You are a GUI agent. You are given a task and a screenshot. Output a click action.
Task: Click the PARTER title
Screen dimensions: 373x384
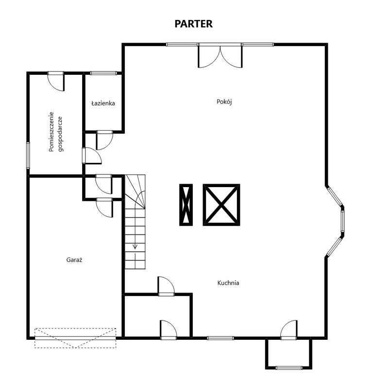193,24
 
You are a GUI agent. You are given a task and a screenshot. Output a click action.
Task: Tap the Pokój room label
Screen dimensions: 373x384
224,102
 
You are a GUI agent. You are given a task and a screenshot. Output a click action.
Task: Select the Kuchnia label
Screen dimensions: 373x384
228,283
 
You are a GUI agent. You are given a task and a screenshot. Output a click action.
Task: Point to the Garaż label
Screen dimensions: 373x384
74,260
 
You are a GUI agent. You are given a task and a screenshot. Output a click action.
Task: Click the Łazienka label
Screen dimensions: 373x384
103,103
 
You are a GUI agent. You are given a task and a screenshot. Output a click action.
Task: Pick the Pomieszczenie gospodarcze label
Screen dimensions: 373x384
56,132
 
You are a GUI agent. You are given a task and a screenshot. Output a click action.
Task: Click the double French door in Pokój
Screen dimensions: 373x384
220,56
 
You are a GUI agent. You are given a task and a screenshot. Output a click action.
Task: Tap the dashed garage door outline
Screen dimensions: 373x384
75,338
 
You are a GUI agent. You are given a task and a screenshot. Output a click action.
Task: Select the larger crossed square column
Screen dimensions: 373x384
221,205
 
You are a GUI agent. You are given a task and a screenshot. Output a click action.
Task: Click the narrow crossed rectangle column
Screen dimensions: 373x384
186,205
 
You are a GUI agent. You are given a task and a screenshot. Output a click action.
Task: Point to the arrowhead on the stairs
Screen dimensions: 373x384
135,246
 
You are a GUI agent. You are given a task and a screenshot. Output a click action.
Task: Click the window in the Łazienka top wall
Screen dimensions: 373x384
103,73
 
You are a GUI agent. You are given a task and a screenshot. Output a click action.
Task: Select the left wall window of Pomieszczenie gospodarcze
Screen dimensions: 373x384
28,155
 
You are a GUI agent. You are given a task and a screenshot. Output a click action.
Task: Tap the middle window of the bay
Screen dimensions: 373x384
343,221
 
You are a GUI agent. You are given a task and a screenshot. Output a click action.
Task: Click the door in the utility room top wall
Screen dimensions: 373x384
56,82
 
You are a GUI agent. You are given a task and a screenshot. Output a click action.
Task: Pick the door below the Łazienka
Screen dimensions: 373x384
105,140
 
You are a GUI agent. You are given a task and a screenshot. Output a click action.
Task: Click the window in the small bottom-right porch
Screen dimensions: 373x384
289,367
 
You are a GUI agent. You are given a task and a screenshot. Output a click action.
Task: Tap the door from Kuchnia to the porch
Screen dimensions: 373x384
289,330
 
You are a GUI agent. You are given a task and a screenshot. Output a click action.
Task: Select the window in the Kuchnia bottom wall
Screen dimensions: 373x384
220,338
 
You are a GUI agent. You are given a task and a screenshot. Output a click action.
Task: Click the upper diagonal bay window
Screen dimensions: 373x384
335,196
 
